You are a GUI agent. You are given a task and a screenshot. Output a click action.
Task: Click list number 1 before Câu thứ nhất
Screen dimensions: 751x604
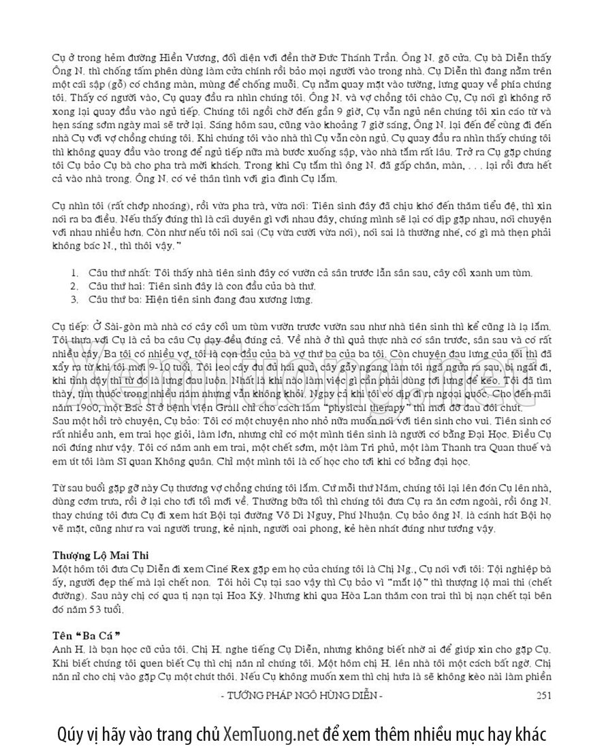(x=74, y=273)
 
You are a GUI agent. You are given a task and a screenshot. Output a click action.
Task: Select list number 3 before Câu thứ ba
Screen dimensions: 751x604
(x=74, y=299)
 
